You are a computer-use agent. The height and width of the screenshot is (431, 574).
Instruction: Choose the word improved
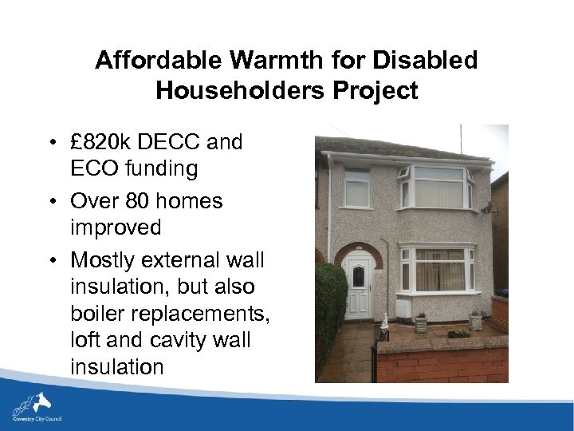coord(116,227)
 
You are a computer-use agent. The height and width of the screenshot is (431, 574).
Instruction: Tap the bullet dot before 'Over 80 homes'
coord(51,200)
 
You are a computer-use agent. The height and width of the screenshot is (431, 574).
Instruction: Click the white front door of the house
coord(358,285)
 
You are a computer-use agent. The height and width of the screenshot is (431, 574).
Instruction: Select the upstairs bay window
coord(435,188)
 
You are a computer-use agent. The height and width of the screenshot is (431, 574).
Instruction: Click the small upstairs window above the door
coord(357,188)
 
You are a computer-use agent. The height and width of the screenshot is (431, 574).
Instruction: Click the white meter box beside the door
coord(403,307)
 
